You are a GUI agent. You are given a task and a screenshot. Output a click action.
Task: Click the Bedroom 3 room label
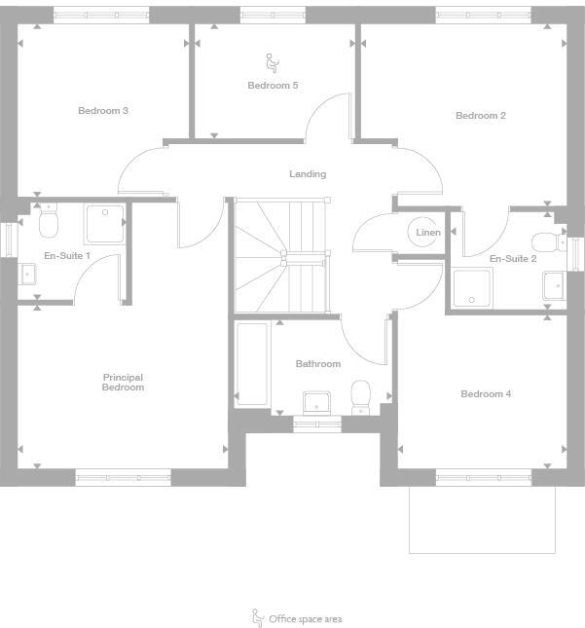(103, 111)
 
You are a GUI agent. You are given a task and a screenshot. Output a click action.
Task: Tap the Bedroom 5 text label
(273, 86)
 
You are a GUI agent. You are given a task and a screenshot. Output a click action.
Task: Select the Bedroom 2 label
(481, 116)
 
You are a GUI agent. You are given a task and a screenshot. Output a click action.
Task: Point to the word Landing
(308, 174)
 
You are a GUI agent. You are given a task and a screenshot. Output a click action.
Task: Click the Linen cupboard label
(428, 233)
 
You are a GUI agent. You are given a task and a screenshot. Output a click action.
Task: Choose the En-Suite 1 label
(67, 256)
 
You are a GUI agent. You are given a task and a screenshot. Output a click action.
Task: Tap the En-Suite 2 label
(513, 259)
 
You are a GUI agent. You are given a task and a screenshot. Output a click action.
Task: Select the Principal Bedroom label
(124, 383)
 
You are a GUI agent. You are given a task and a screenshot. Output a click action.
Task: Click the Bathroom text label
(318, 364)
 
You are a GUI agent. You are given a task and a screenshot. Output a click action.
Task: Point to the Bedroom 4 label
(486, 394)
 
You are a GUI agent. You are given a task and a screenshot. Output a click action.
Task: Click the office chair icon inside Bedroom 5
(273, 63)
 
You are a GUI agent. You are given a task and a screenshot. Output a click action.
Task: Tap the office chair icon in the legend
(258, 617)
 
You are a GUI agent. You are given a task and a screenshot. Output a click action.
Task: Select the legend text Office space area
(306, 619)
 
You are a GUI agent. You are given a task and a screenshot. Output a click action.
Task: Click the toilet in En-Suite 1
(49, 225)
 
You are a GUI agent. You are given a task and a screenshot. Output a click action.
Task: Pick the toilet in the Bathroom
(361, 394)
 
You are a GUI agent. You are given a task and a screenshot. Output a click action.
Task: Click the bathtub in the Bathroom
(252, 365)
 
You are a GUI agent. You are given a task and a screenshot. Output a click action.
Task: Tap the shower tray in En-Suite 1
(104, 224)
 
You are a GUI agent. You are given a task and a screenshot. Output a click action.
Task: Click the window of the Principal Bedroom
(124, 477)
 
